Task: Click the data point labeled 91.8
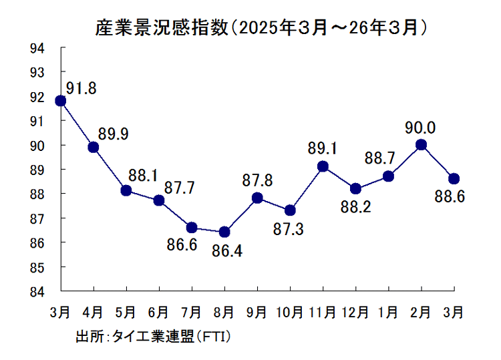click(61, 101)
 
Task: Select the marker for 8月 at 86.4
click(224, 232)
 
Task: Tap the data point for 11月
click(323, 166)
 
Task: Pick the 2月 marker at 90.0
click(422, 144)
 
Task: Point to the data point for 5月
click(126, 190)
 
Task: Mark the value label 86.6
click(182, 246)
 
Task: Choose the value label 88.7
click(379, 158)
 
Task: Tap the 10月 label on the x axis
click(290, 311)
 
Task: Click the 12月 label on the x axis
click(355, 311)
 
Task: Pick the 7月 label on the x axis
click(192, 311)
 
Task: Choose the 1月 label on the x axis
click(388, 311)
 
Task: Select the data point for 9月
click(257, 198)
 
